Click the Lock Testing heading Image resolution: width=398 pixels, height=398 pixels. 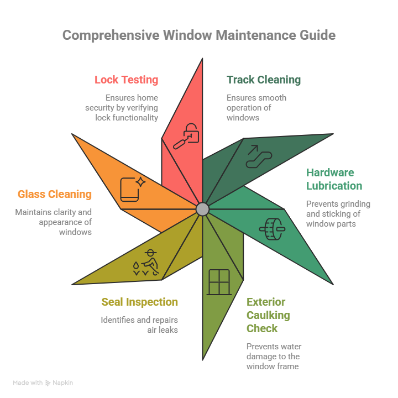(x=126, y=80)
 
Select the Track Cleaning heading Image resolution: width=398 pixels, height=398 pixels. (x=264, y=80)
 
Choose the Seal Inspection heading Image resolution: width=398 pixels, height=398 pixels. (x=139, y=302)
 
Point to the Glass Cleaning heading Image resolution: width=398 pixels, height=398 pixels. (x=54, y=194)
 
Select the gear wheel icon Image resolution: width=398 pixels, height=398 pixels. (x=271, y=229)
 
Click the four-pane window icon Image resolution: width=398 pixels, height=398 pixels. (x=218, y=282)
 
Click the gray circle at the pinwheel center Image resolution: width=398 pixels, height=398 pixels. (x=202, y=209)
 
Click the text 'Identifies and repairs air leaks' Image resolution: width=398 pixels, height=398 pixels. (x=139, y=324)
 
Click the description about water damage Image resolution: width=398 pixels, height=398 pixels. (x=274, y=356)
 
